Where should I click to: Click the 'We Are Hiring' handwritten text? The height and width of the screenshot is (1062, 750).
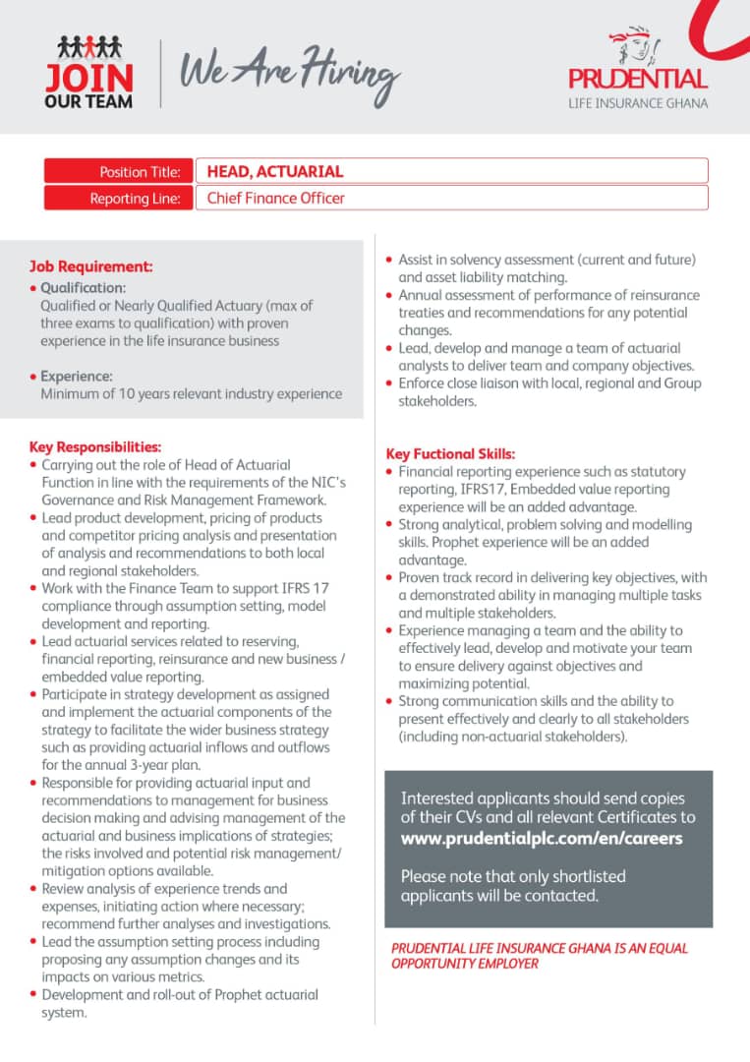tap(289, 71)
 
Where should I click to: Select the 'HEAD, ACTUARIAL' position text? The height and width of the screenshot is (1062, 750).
tap(275, 171)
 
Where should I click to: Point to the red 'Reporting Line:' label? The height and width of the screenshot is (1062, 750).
tap(135, 198)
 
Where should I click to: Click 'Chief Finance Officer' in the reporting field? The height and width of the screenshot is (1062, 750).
tap(276, 198)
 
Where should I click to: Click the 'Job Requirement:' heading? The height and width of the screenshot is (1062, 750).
tap(90, 266)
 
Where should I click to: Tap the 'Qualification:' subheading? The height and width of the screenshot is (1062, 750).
tap(84, 288)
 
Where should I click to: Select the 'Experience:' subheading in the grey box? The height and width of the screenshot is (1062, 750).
tap(77, 376)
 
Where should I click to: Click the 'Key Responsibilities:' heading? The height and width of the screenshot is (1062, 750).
tap(95, 446)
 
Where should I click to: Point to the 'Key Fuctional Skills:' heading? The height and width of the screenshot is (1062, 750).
tap(450, 454)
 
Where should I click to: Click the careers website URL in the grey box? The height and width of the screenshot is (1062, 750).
tap(542, 839)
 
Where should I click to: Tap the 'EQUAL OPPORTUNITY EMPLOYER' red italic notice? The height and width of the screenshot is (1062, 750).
tap(540, 956)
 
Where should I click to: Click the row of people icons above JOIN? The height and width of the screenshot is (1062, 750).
tap(88, 45)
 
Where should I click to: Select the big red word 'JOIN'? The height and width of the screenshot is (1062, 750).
tap(88, 78)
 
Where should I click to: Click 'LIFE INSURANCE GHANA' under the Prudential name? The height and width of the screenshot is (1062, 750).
tap(638, 103)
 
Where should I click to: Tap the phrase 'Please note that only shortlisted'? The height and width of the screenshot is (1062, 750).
tap(513, 876)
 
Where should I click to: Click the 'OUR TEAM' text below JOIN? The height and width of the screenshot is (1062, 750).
tap(88, 101)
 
